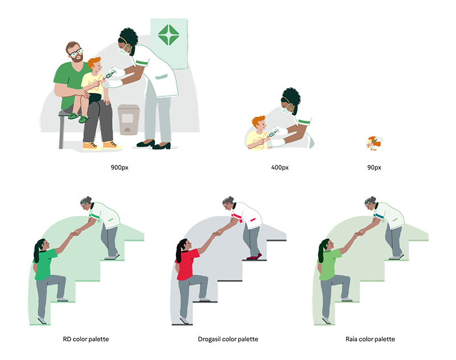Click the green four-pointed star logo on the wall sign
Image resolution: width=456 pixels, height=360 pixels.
169,35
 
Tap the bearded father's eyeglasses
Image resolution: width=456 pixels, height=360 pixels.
76,52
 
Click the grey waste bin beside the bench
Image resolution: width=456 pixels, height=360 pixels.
129,119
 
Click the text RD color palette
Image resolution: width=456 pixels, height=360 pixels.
86,339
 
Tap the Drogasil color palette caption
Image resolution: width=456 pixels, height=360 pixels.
228,339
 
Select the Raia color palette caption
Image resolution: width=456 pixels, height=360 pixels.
370,339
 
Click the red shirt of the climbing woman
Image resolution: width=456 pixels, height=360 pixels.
187,264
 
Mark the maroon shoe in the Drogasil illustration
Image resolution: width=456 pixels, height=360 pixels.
254,256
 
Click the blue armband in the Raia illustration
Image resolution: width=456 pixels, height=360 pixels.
379,216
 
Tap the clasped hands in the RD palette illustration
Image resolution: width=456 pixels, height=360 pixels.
77,232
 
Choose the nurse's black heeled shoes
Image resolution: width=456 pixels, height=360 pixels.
154,144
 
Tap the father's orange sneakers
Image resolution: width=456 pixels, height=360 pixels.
102,145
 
